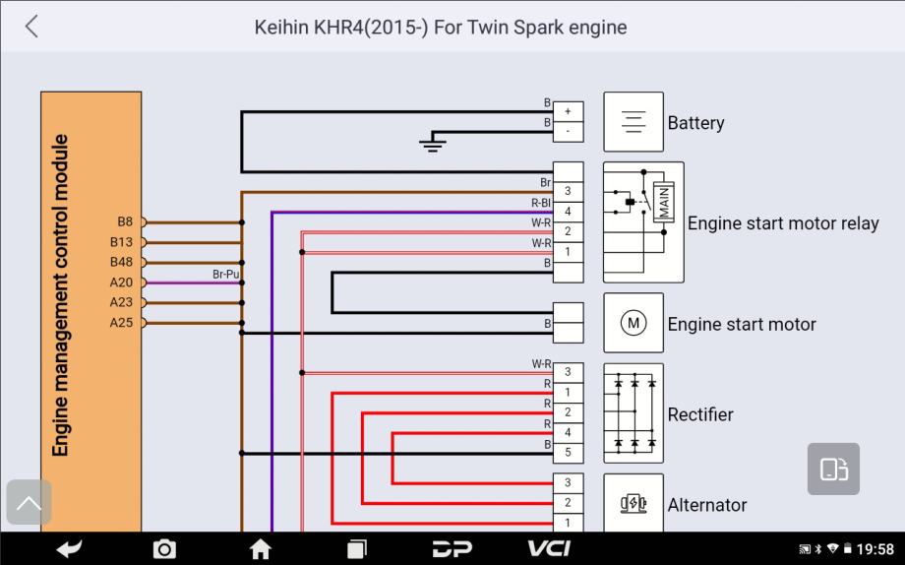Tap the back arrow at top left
31,27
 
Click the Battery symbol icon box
633,122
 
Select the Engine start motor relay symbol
642,221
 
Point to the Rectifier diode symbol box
633,412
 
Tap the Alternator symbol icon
633,503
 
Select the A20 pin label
121,282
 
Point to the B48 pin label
121,263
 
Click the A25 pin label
121,323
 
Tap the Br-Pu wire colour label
226,274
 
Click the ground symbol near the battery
433,144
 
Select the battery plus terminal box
568,112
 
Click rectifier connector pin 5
568,453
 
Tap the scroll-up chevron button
30,503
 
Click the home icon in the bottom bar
261,549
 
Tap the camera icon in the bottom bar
165,549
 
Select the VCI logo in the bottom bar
549,548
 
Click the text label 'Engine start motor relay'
782,223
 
